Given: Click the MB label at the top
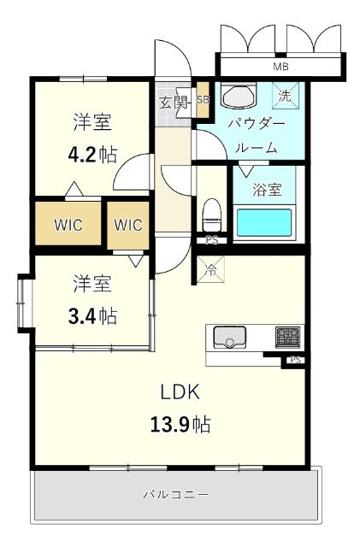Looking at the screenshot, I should pyautogui.click(x=280, y=67).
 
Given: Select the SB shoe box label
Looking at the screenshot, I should pyautogui.click(x=203, y=100).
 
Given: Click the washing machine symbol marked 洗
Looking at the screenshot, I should pyautogui.click(x=285, y=96).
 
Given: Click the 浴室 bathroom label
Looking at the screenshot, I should pyautogui.click(x=267, y=190).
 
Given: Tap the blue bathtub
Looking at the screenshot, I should pyautogui.click(x=267, y=222).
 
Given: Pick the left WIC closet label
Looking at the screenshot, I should pyautogui.click(x=68, y=226).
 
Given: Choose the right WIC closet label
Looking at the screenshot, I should pyautogui.click(x=127, y=226).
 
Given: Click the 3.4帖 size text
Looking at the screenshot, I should pyautogui.click(x=92, y=315).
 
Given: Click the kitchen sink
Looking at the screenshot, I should pyautogui.click(x=229, y=337).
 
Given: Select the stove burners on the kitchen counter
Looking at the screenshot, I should pyautogui.click(x=287, y=337).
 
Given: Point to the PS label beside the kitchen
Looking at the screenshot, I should pyautogui.click(x=295, y=361).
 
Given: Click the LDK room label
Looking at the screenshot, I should pyautogui.click(x=180, y=392).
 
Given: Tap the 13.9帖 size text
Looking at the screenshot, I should pyautogui.click(x=180, y=424).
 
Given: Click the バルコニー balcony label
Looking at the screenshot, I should pyautogui.click(x=175, y=494).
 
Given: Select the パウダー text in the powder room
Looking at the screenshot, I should pyautogui.click(x=252, y=122).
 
